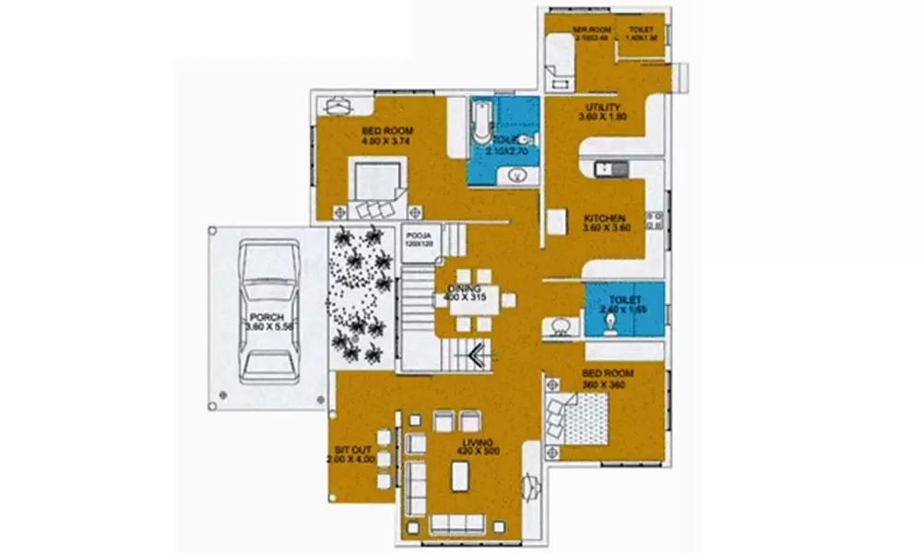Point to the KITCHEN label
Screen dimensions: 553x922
605,218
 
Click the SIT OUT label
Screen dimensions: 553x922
351,451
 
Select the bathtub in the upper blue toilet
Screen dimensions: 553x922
481,124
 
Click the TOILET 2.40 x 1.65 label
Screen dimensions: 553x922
624,300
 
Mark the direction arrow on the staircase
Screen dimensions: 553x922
478,354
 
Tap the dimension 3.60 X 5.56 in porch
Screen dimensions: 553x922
268,327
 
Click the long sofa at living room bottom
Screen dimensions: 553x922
457,524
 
